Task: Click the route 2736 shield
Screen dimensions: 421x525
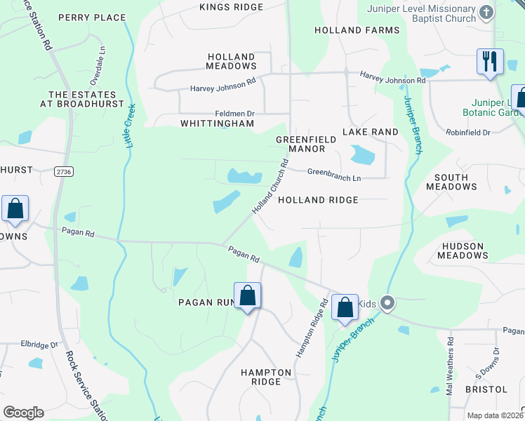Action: click(64, 171)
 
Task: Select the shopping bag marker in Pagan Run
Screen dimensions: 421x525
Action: click(248, 295)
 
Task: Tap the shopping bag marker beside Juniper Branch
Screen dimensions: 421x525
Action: click(345, 307)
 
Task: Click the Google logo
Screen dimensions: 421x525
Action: click(23, 412)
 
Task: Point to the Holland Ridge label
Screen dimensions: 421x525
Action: click(318, 200)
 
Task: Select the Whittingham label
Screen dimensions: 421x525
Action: click(217, 123)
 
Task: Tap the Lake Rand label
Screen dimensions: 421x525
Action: click(370, 132)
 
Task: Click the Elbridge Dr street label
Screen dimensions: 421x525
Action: click(39, 345)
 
